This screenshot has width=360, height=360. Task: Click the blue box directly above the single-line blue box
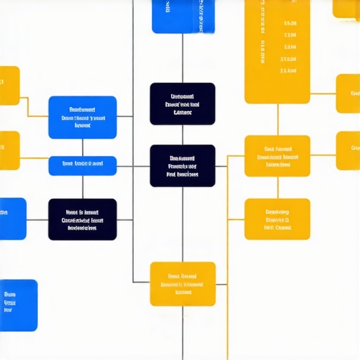82,117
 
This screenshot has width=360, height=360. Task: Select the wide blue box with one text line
82,166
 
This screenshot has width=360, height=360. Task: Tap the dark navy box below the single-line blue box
82,219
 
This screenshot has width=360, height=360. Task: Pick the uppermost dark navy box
183,103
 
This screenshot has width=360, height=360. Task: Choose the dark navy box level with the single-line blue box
183,166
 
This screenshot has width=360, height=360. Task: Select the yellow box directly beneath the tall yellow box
277,156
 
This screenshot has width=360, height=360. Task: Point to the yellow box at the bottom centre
183,283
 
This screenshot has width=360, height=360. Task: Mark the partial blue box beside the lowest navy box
12,219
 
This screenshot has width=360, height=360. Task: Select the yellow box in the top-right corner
346,8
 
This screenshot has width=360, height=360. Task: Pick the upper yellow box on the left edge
9,86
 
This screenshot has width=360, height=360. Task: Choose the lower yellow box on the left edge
9,150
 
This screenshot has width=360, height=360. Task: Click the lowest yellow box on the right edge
347,150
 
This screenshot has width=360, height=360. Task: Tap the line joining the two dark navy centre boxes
183,135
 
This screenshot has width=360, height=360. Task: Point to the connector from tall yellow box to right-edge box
323,93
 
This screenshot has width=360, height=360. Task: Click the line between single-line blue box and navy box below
82,187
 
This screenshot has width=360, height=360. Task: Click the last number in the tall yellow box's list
288,70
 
